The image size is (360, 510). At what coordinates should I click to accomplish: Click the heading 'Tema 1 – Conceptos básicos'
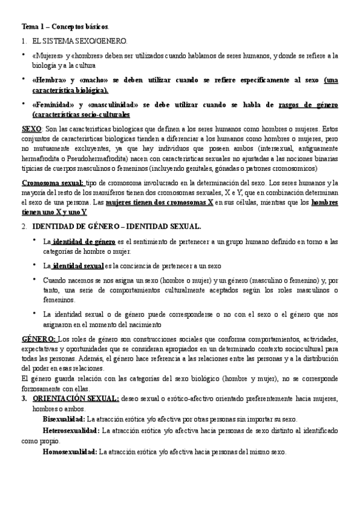point(65,28)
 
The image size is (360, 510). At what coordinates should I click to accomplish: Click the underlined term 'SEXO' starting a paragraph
point(31,129)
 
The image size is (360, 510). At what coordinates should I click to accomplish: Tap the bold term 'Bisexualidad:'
point(64,418)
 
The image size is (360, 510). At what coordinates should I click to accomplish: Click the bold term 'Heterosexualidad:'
point(71,431)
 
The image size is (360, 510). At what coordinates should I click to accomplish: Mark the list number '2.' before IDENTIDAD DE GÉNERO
point(24,226)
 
